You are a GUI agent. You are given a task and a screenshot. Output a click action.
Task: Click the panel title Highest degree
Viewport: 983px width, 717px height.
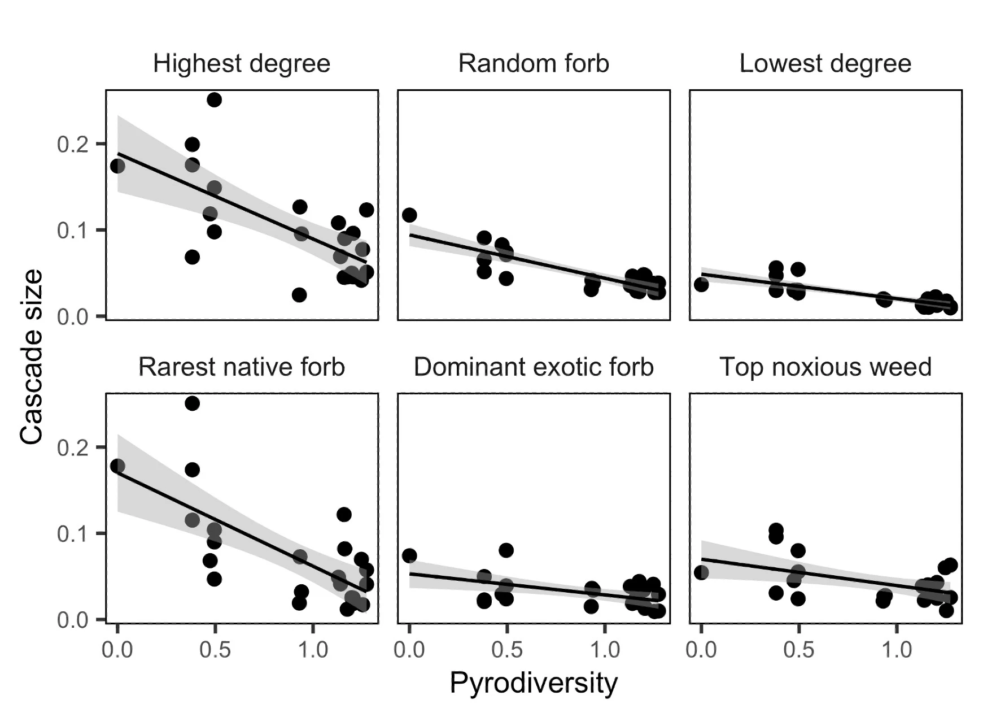242,64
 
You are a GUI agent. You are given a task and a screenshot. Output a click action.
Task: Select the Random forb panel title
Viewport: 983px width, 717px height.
534,64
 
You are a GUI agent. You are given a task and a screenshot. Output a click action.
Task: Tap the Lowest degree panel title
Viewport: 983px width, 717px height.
825,64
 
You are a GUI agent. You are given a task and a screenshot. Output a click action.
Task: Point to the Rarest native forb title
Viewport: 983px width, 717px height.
242,367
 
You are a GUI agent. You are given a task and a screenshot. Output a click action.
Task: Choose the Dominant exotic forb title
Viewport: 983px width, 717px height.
534,367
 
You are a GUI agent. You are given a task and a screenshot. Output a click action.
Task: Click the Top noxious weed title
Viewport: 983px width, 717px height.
825,367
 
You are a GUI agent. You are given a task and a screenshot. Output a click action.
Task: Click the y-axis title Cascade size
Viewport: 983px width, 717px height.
31,357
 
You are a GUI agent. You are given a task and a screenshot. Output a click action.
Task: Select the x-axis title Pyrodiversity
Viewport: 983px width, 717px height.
534,683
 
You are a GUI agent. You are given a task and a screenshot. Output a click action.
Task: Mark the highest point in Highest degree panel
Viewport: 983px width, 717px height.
214,100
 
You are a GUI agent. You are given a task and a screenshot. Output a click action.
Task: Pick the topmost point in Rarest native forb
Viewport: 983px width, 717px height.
192,403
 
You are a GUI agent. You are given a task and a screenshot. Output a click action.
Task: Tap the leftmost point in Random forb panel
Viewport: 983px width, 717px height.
409,215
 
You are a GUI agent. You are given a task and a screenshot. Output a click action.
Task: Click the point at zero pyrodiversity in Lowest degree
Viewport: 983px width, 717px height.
701,285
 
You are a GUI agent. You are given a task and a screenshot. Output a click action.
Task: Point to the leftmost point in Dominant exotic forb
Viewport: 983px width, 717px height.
409,555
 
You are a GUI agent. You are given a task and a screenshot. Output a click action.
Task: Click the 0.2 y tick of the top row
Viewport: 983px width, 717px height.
73,145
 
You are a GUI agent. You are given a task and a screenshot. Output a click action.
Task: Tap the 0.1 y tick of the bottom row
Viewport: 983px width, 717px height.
73,534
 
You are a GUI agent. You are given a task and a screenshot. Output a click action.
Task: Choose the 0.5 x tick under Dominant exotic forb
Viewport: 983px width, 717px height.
506,650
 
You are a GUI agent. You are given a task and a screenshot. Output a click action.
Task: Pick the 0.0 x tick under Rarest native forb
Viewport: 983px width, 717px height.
117,650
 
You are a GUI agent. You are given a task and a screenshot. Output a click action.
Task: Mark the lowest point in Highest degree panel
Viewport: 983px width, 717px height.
299,295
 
